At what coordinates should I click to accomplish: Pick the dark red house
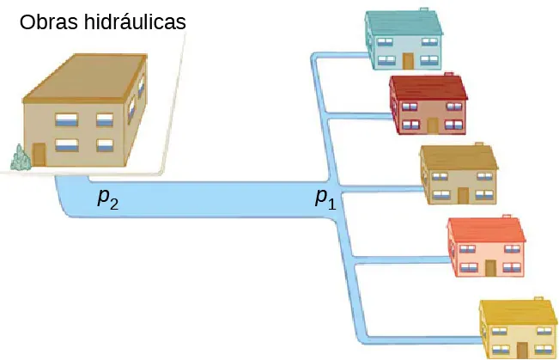(428, 105)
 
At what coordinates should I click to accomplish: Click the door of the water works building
(39, 154)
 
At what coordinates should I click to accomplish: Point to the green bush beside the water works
(19, 158)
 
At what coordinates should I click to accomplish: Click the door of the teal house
(408, 60)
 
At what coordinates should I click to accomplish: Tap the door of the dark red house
(432, 125)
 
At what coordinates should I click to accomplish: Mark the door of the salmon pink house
(490, 267)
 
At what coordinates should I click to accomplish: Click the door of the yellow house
(522, 351)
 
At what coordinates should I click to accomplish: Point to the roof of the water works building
(82, 77)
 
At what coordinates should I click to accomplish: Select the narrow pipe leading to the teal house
(339, 56)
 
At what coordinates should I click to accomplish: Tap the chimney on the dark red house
(449, 75)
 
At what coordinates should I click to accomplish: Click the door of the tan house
(463, 195)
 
